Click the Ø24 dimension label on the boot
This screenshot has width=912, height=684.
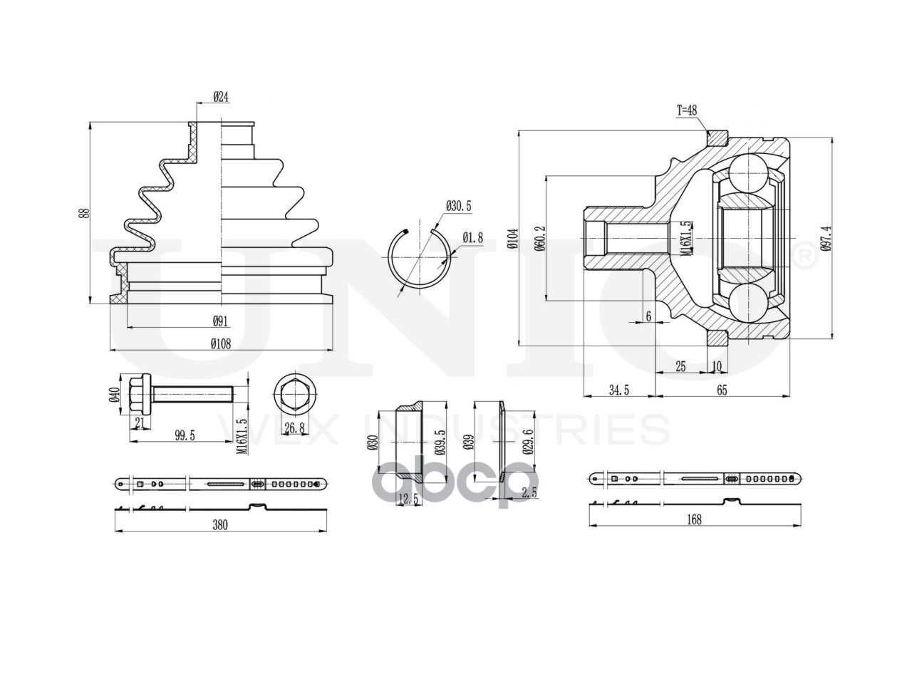pos(221,97)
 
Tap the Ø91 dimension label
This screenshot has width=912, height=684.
pos(220,321)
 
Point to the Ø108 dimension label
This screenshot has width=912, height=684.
pos(221,344)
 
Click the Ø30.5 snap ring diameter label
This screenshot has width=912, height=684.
pos(459,206)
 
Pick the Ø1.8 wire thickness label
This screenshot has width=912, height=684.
pos(473,237)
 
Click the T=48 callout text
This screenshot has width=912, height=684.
pos(687,110)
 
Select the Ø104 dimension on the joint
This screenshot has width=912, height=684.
pos(513,239)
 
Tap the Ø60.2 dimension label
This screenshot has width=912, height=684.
pos(539,239)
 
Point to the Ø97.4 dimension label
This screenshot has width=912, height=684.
pos(826,239)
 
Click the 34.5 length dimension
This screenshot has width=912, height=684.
pos(619,390)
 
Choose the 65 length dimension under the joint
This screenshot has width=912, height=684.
pos(722,390)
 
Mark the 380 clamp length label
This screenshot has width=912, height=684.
pos(220,525)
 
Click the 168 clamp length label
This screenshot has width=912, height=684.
pos(694,519)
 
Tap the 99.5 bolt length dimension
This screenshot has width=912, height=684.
pos(185,435)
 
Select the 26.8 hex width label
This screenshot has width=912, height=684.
pos(296,427)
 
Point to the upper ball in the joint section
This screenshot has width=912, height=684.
pos(748,174)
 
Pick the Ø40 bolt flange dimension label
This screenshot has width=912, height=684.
pos(115,395)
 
